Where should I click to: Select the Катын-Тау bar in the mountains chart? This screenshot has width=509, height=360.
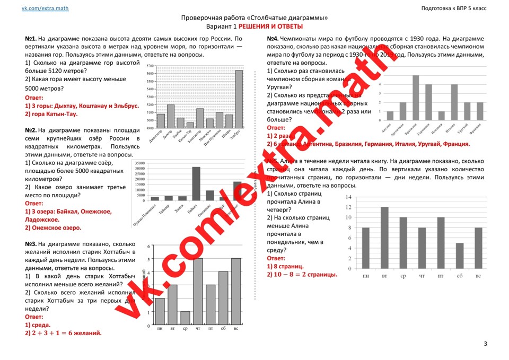click(190, 125)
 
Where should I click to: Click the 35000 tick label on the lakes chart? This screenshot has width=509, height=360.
click(140, 163)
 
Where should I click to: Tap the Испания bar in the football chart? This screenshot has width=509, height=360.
click(441, 116)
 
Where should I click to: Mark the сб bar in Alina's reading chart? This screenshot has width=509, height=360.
click(460, 256)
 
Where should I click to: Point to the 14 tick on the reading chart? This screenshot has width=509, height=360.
click(348, 197)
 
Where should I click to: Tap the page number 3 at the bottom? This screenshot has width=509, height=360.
click(485, 344)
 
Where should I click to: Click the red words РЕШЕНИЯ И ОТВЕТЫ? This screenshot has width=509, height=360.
click(270, 27)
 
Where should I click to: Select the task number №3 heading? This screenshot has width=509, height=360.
click(30, 244)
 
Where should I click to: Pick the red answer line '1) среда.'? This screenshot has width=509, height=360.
click(38, 324)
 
